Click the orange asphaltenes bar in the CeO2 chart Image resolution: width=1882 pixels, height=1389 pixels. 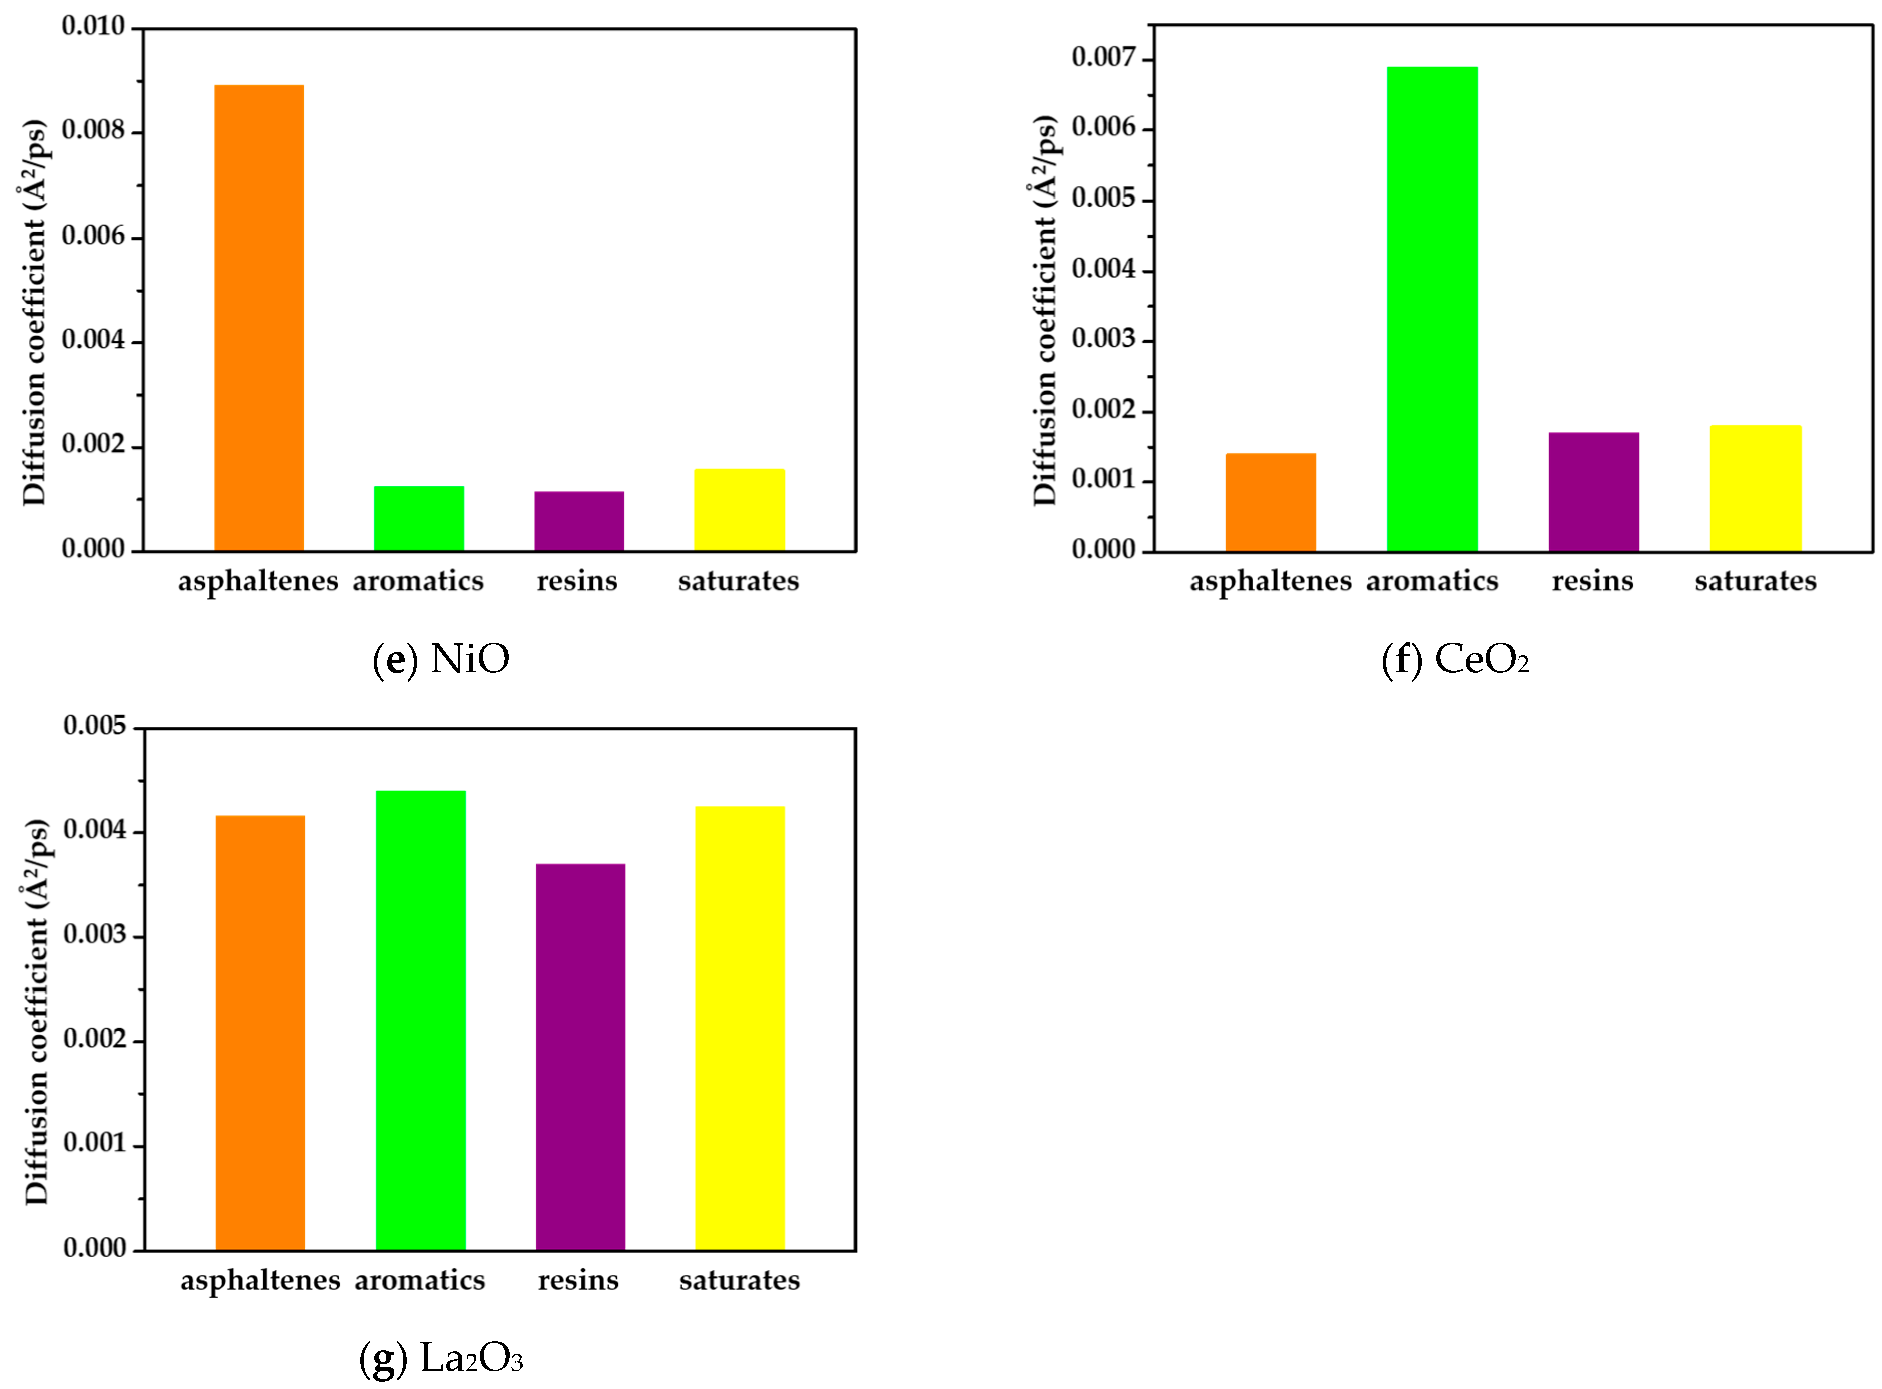pos(1271,503)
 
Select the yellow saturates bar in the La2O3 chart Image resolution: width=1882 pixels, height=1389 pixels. pos(740,1028)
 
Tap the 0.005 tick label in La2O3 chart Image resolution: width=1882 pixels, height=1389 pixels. pos(94,726)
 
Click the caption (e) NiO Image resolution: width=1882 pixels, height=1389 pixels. pos(441,659)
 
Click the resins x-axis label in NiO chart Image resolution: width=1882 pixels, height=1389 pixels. pos(577,581)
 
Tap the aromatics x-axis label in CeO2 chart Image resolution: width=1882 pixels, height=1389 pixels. pos(1432,581)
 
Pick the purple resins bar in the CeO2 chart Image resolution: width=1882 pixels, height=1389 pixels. pos(1594,492)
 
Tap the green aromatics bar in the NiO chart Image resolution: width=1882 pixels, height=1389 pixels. pos(419,519)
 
